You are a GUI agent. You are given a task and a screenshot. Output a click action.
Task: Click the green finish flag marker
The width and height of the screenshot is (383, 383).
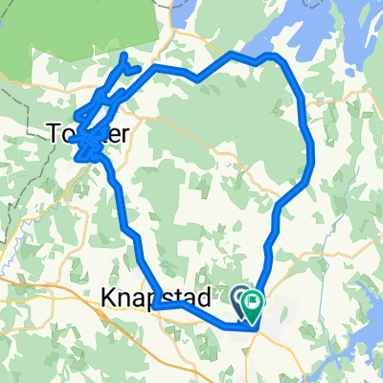pyautogui.click(x=255, y=304)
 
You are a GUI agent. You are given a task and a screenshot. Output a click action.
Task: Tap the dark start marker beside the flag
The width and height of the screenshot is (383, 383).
pyautogui.click(x=240, y=299)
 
